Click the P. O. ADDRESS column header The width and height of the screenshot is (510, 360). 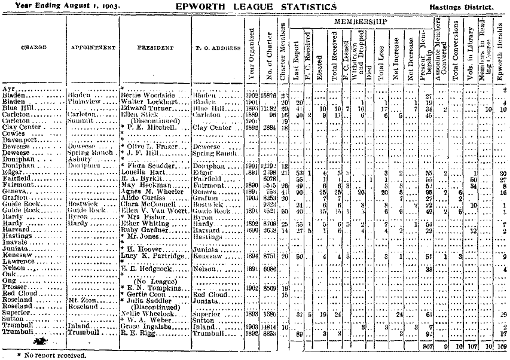(x=217, y=48)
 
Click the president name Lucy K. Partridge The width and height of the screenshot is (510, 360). (x=152, y=255)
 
